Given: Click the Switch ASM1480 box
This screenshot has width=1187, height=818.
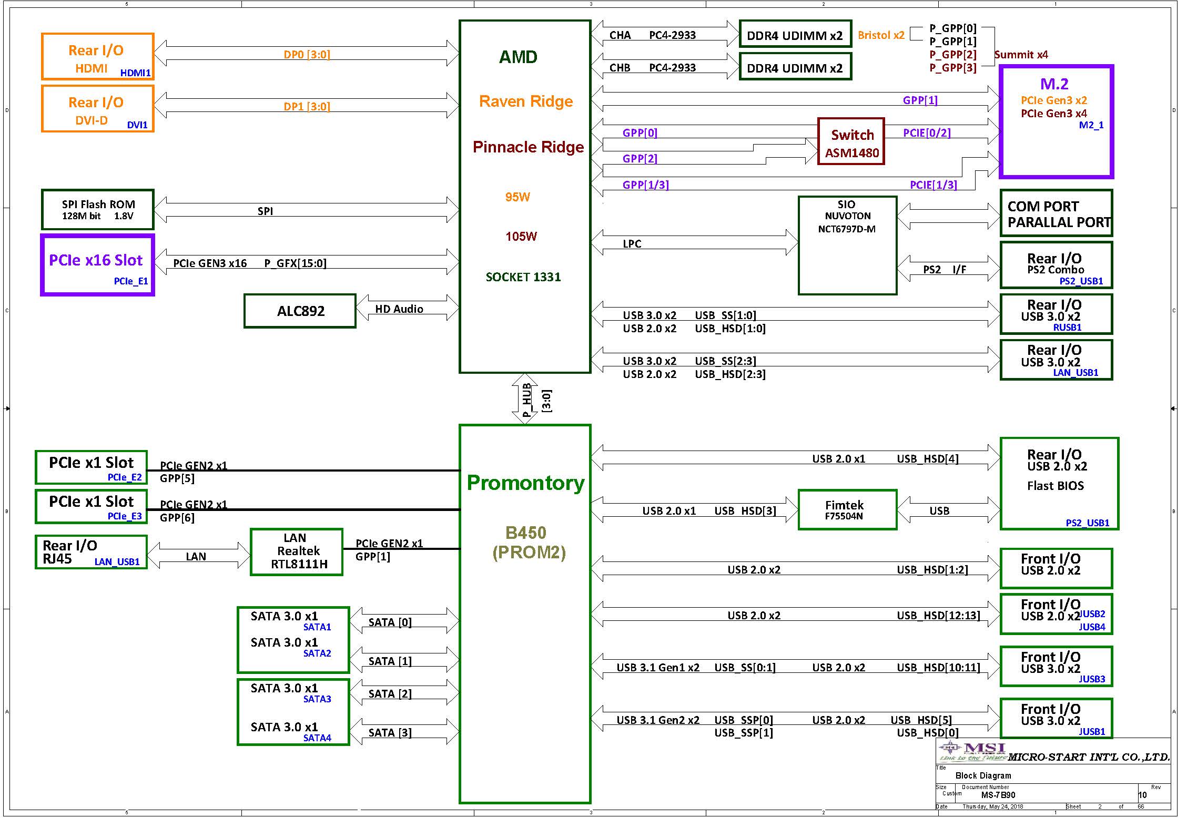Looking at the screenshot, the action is pyautogui.click(x=851, y=141).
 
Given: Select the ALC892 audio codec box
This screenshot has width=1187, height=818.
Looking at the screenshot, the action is pyautogui.click(x=300, y=311).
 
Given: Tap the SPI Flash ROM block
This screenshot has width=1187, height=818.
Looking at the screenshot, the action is pyautogui.click(x=98, y=210).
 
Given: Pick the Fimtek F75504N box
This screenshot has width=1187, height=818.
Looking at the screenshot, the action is pyautogui.click(x=847, y=509).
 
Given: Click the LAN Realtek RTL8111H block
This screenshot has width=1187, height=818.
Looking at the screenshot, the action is pyautogui.click(x=297, y=551).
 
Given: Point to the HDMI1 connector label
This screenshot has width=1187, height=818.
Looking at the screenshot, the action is pyautogui.click(x=135, y=73).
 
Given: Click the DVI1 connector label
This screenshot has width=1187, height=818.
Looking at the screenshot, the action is pyautogui.click(x=137, y=125).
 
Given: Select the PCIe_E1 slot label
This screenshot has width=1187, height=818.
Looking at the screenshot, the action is pyautogui.click(x=131, y=281).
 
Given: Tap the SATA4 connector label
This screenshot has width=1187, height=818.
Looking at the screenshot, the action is pyautogui.click(x=317, y=738).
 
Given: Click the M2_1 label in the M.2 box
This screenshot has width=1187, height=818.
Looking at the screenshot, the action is pyautogui.click(x=1091, y=125).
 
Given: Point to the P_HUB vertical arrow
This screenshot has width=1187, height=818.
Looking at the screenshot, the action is pyautogui.click(x=525, y=398).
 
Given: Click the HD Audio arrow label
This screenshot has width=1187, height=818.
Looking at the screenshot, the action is pyautogui.click(x=399, y=309).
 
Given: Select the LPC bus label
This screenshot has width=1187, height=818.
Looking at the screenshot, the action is pyautogui.click(x=632, y=244).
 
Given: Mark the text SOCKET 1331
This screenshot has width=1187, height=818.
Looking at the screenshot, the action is pyautogui.click(x=523, y=277).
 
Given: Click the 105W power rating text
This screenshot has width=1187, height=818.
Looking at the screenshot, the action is pyautogui.click(x=521, y=237).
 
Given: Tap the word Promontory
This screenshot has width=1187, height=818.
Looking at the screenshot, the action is pyautogui.click(x=525, y=483).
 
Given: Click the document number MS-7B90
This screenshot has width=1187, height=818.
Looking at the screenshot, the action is pyautogui.click(x=998, y=795).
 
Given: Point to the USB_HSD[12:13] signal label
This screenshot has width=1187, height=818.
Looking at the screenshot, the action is pyautogui.click(x=938, y=616).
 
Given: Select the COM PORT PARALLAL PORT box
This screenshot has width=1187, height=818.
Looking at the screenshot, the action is pyautogui.click(x=1056, y=213).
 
